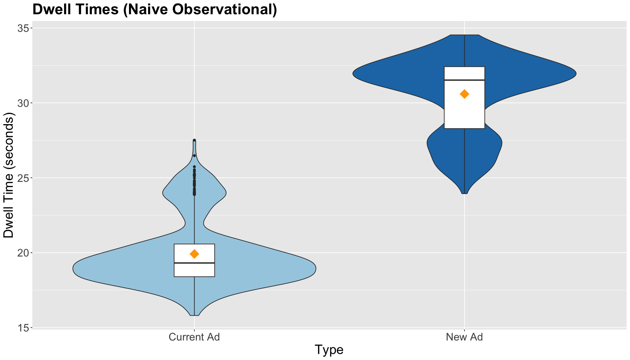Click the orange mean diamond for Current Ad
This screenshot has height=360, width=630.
click(194, 254)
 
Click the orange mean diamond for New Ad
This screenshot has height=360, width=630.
click(464, 94)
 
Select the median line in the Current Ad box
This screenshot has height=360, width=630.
click(194, 263)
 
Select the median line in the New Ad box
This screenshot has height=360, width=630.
click(464, 80)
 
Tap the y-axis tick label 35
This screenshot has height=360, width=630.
click(24, 28)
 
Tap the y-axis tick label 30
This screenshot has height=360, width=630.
click(24, 103)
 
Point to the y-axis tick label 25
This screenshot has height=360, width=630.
click(24, 178)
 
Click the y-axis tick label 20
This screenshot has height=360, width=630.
click(24, 253)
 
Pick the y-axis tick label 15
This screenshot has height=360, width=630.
click(24, 328)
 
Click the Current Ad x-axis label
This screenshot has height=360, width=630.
click(194, 337)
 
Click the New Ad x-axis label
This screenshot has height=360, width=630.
click(464, 337)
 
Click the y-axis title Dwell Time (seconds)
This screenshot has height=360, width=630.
click(8, 175)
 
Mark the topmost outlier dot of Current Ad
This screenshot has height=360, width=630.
click(194, 140)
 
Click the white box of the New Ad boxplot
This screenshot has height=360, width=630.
click(464, 97)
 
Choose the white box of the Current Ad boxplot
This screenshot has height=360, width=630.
click(194, 260)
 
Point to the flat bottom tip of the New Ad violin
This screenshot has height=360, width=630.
click(464, 193)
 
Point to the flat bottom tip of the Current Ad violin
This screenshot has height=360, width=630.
click(194, 315)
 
